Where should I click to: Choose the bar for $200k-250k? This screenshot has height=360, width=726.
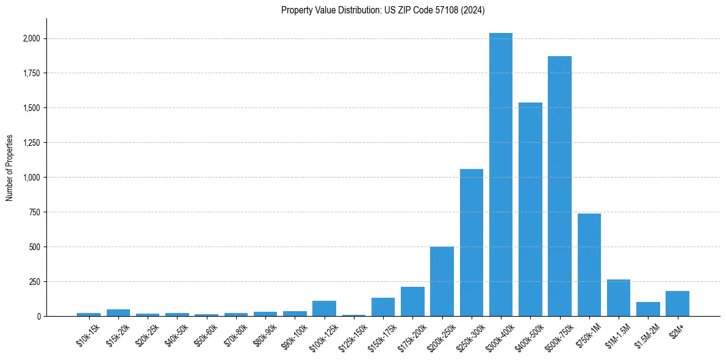pos(442,281)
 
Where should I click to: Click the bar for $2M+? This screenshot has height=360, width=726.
pos(677,304)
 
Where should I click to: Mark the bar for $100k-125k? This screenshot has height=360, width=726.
pos(324,309)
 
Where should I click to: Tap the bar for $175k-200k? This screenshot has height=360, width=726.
pos(412,301)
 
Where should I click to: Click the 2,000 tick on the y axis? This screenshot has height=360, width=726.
pos(31,38)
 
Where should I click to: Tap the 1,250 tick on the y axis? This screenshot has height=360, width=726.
pos(31,143)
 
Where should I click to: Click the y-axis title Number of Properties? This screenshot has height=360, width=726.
pos(9,168)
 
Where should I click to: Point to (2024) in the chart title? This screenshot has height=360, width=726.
pos(474,10)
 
